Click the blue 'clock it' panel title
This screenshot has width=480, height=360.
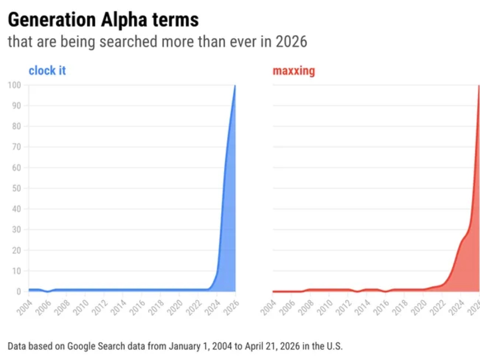click(47, 71)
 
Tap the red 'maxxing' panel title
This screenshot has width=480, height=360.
click(294, 71)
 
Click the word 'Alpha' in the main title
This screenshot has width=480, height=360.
click(132, 20)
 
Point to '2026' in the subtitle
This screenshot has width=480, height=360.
click(291, 42)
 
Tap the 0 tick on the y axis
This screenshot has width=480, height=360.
click(18, 292)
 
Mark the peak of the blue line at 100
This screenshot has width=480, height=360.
click(235, 85)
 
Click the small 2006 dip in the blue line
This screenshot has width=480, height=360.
click(48, 292)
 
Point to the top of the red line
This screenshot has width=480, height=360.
click(479, 86)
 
